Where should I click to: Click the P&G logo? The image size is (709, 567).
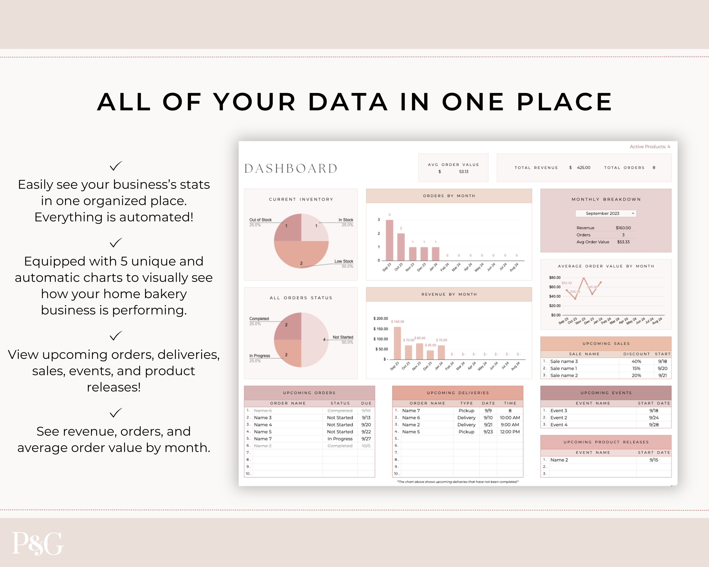[x=38, y=543]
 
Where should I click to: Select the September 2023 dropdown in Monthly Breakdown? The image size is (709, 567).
[x=606, y=213]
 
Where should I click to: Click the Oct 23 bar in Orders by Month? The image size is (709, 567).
[x=401, y=247]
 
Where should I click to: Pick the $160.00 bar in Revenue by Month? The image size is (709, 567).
[x=397, y=343]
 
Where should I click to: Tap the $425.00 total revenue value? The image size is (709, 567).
[x=583, y=168]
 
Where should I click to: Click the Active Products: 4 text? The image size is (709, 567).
[x=649, y=147]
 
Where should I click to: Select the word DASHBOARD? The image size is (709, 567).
[x=291, y=169]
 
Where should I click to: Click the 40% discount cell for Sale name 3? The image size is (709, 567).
[x=636, y=361]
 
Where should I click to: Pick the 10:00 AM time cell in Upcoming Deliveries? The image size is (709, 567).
[x=510, y=418]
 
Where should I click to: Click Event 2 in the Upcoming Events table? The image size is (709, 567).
[x=559, y=418]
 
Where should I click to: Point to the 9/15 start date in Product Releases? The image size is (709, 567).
[x=654, y=460]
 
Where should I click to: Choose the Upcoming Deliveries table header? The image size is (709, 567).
[x=458, y=393]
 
